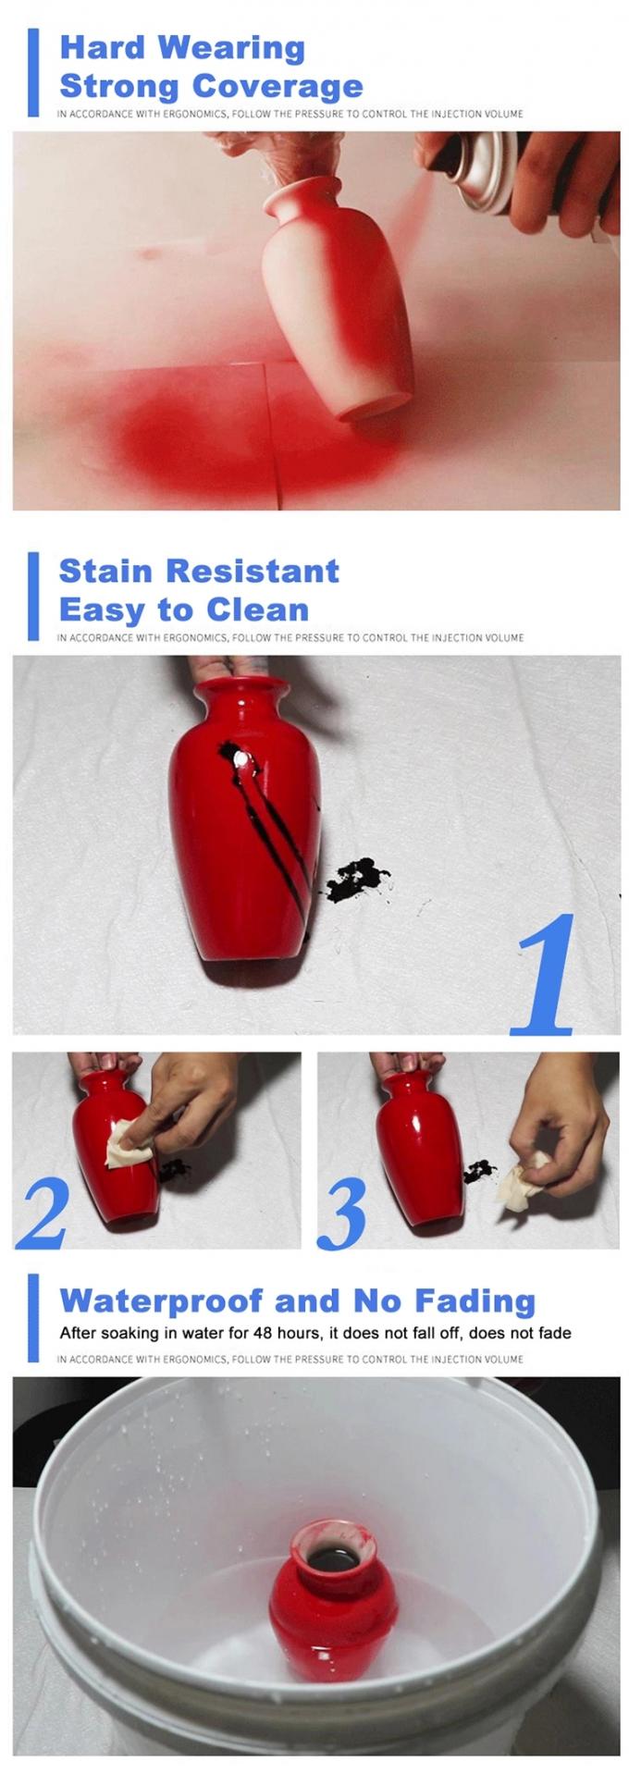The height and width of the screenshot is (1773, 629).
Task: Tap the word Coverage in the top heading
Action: pos(277,87)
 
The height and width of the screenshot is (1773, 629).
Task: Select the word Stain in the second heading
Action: pos(104,572)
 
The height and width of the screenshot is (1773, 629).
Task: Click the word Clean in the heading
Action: pos(257,610)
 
